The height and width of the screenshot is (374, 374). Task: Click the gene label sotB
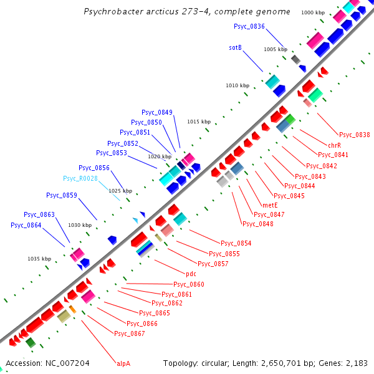(x=235, y=47)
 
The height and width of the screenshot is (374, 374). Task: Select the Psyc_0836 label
(x=249, y=26)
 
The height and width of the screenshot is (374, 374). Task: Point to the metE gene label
(x=270, y=205)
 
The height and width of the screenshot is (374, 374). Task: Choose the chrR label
(x=334, y=145)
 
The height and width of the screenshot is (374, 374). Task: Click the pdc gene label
(x=191, y=274)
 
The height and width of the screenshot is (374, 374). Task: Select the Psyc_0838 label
(x=354, y=135)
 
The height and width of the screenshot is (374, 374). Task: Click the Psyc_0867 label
(x=130, y=333)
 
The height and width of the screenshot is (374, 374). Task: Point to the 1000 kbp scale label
(x=313, y=12)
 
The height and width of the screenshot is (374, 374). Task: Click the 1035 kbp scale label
(x=39, y=259)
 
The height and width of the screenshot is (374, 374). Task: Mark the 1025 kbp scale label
(x=120, y=191)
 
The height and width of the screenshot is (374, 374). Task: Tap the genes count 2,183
(x=356, y=363)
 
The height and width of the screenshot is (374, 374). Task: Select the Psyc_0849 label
(x=157, y=113)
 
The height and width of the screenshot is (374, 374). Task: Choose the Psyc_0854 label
(x=236, y=243)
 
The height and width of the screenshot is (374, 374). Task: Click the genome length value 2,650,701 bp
(x=271, y=363)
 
